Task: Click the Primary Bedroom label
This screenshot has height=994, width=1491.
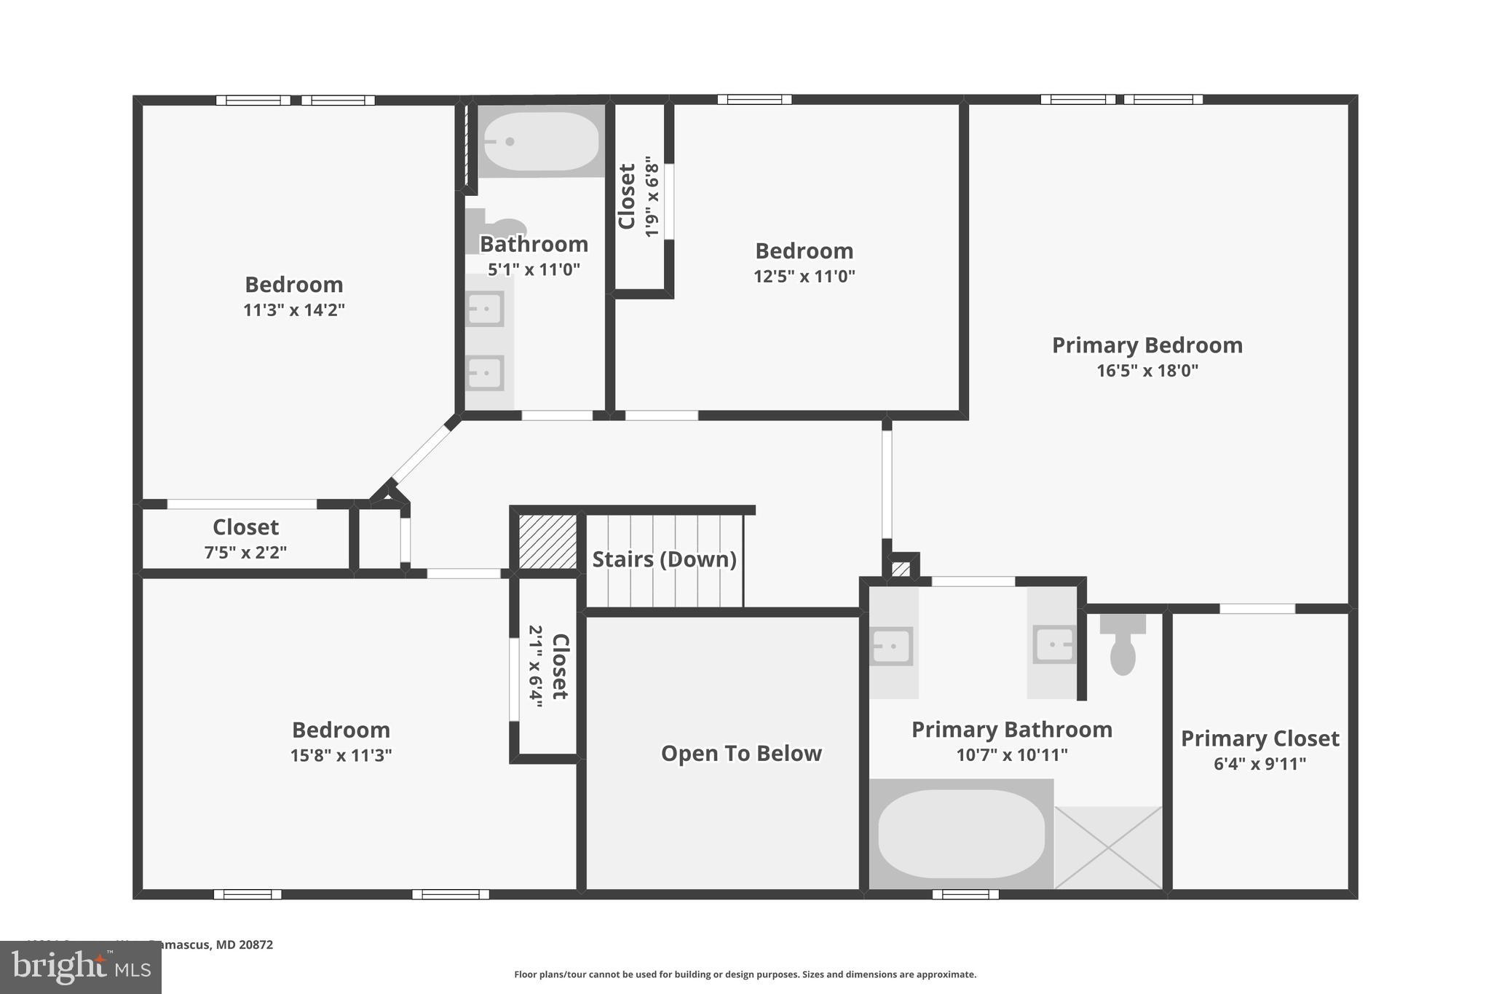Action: pos(1147,345)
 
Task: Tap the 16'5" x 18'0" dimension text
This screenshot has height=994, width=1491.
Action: pos(1147,371)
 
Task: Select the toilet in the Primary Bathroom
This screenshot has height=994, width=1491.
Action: pos(1123,644)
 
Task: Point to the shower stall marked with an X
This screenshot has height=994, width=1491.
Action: pos(1108,848)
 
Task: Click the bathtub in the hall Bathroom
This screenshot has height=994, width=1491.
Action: pos(542,141)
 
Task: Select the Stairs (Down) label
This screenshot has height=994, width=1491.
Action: pos(664,559)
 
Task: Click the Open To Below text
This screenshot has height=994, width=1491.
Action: pos(741,753)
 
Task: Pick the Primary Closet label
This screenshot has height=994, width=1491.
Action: pos(1259,738)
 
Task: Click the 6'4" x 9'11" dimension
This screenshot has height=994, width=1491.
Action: pos(1259,764)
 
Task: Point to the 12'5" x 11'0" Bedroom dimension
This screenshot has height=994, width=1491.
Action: pos(804,277)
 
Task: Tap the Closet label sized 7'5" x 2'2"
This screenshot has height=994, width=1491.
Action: pos(245,527)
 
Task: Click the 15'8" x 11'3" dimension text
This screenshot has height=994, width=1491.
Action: pos(341,755)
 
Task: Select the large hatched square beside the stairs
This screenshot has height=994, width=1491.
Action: pos(548,542)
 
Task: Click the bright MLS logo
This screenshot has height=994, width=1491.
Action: pos(81,968)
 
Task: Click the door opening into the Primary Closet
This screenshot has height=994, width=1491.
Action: pos(1257,609)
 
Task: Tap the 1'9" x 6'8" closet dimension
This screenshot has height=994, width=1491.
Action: pos(652,197)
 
